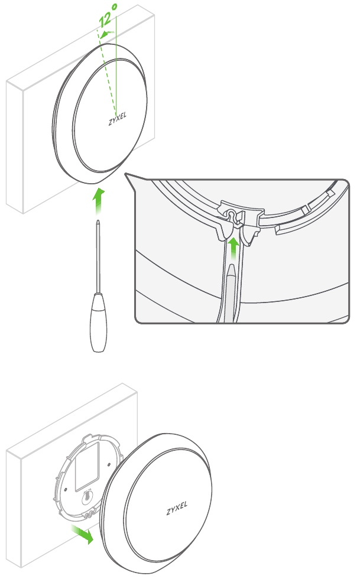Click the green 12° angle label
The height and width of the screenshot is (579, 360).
(108, 17)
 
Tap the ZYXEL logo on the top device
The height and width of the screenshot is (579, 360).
(118, 119)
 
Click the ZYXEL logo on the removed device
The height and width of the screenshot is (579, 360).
(177, 509)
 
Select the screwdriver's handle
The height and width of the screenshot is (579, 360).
(99, 322)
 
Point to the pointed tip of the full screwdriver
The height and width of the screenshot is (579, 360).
(98, 221)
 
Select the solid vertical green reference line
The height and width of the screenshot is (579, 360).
(116, 64)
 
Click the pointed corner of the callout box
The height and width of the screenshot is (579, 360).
(125, 174)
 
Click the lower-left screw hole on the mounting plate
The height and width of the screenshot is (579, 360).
(66, 490)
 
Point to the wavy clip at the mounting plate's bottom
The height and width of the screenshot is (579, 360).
(89, 514)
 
